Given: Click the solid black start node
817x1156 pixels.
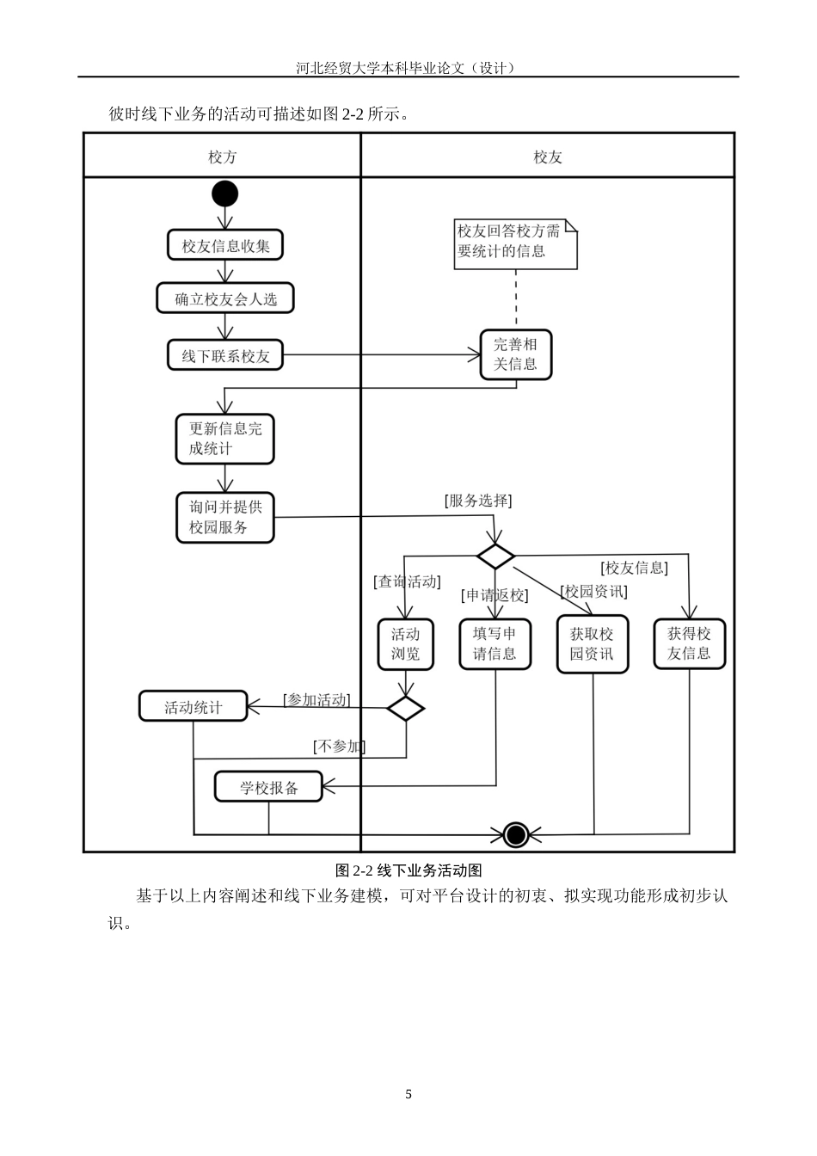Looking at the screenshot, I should [x=224, y=194].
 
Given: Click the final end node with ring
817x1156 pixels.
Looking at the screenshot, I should [x=515, y=834].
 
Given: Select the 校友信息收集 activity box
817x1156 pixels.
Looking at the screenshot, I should [x=225, y=246].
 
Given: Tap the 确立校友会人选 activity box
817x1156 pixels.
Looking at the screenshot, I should [x=225, y=299].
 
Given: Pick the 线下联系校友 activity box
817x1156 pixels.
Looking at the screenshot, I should [x=225, y=355].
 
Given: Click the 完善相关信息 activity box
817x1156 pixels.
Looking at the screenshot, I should [x=515, y=354].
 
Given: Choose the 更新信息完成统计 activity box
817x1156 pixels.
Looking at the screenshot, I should [x=225, y=439].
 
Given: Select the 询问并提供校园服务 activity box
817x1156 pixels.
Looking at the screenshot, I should [x=225, y=517].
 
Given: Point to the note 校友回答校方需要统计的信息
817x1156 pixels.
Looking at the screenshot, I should [x=515, y=243].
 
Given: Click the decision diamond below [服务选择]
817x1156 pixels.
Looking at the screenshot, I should [x=495, y=556].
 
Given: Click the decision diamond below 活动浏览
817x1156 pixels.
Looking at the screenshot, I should [x=405, y=709].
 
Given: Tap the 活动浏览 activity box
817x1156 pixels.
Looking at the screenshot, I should [x=405, y=644].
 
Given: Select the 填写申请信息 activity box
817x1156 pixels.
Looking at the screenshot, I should [x=494, y=644].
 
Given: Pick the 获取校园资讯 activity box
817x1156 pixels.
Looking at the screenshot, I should [x=593, y=644].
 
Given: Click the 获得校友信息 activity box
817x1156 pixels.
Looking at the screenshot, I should [x=689, y=644].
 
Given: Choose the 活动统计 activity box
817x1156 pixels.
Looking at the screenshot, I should [x=193, y=707].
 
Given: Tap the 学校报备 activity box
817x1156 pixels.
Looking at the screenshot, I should [x=268, y=787].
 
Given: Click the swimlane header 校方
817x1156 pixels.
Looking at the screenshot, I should [x=222, y=157].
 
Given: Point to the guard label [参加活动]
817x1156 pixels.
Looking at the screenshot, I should [x=316, y=700].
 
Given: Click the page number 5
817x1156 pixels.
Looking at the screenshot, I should [x=408, y=1094].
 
